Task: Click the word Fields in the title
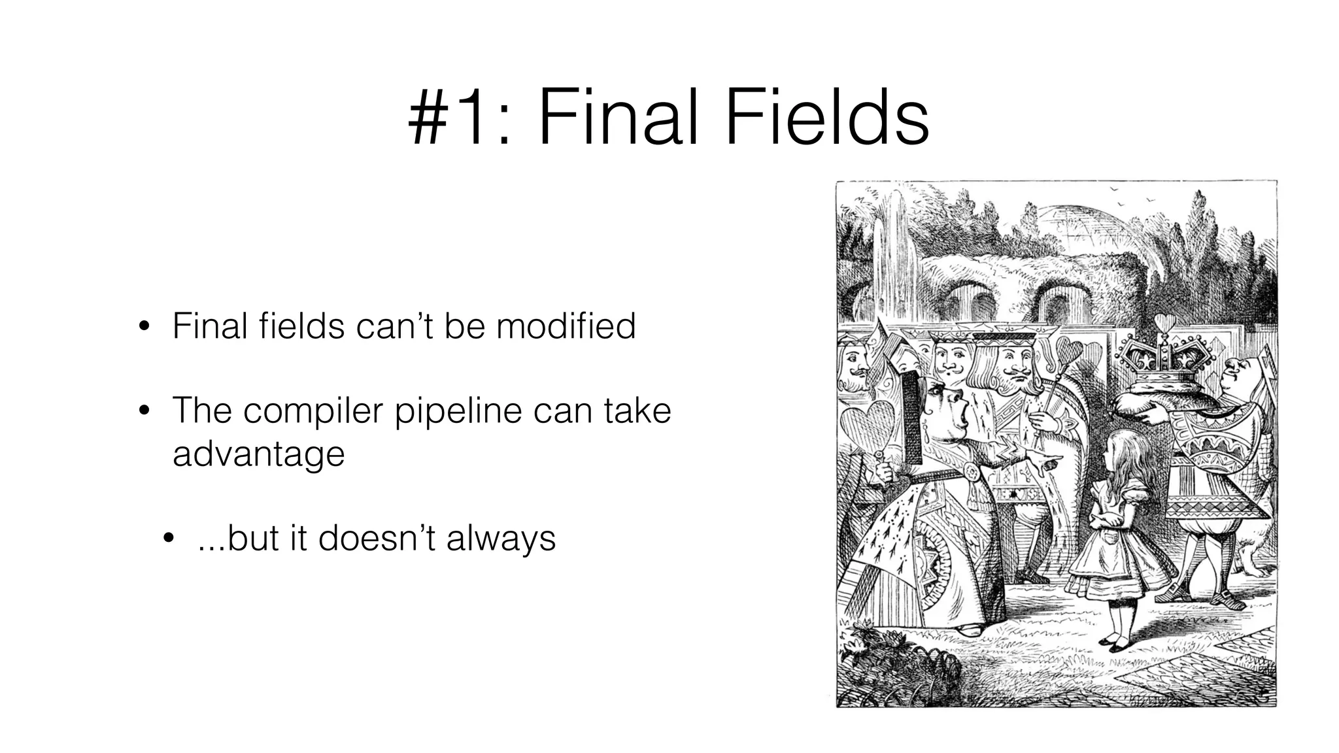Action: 826,119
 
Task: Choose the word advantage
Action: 258,454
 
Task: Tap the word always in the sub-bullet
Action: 501,539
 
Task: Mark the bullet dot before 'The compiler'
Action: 144,412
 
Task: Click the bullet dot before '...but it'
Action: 169,539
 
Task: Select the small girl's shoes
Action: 1115,643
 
